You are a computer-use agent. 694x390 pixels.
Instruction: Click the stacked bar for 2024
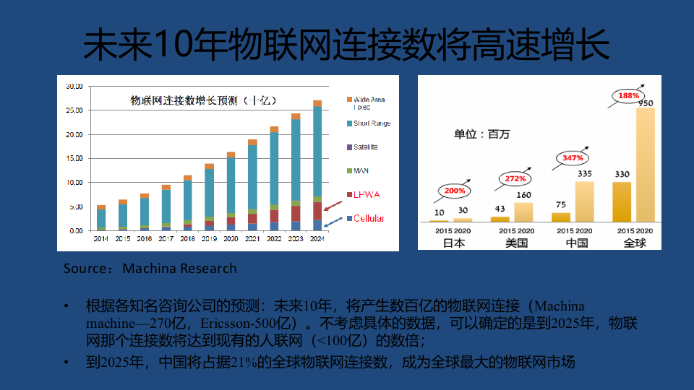[x=317, y=166]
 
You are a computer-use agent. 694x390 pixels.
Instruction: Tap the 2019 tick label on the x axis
[x=209, y=238]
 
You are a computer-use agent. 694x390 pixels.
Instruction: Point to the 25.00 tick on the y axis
[x=74, y=110]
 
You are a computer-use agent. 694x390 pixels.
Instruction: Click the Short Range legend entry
[x=372, y=123]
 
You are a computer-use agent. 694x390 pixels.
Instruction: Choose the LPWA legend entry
[x=367, y=195]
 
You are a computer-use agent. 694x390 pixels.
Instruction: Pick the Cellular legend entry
[x=369, y=219]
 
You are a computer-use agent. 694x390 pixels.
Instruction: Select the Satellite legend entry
[x=365, y=147]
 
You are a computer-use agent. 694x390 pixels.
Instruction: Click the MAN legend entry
[x=361, y=171]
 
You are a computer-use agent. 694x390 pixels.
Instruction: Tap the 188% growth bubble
[x=629, y=95]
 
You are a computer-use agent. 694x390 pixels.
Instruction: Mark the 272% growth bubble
[x=514, y=178]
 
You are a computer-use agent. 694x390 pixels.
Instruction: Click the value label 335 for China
[x=586, y=173]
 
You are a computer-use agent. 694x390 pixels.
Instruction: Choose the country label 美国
[x=515, y=243]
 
